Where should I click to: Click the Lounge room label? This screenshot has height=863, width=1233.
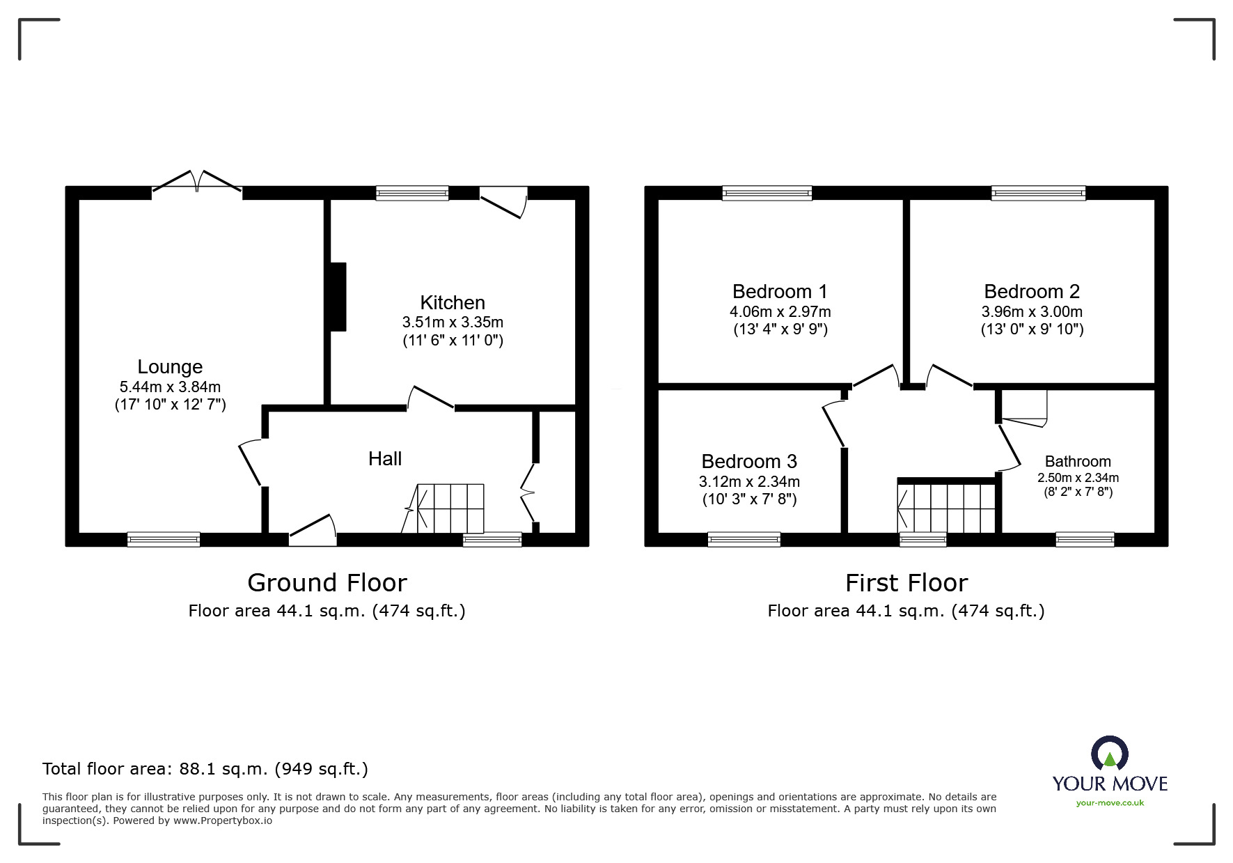(x=170, y=367)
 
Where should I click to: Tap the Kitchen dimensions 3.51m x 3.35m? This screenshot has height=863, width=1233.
(x=453, y=322)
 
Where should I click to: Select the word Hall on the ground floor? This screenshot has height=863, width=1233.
(x=385, y=458)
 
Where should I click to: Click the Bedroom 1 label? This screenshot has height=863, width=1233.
(x=780, y=292)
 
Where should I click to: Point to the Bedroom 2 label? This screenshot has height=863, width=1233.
(x=1032, y=292)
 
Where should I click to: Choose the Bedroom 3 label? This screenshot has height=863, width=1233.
(x=749, y=462)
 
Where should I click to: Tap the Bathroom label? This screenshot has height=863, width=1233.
(x=1078, y=461)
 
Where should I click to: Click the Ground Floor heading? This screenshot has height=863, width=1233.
(x=327, y=582)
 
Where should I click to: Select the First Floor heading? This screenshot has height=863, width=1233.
(x=906, y=582)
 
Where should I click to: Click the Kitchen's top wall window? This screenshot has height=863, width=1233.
(x=412, y=193)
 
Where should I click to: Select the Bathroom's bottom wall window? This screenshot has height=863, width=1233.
(x=1085, y=539)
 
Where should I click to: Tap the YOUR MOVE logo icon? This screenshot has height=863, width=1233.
(x=1109, y=754)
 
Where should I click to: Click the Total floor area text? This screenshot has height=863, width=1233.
(x=205, y=769)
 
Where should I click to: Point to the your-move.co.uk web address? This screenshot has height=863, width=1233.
(x=1110, y=803)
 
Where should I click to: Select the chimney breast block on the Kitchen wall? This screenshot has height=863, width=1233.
(x=338, y=297)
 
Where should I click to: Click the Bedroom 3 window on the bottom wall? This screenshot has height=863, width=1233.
(x=744, y=539)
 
